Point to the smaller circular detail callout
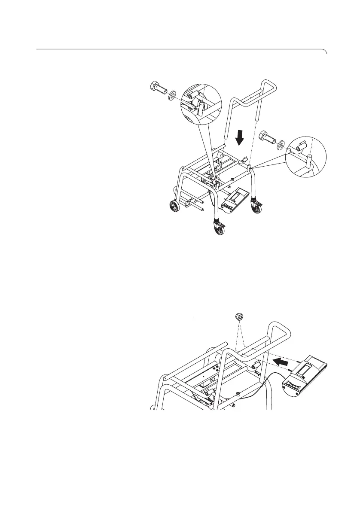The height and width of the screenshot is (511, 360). pos(305,156)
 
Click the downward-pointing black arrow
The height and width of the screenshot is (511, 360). pos(240,138)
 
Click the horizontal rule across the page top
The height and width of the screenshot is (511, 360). pos(172,49)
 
